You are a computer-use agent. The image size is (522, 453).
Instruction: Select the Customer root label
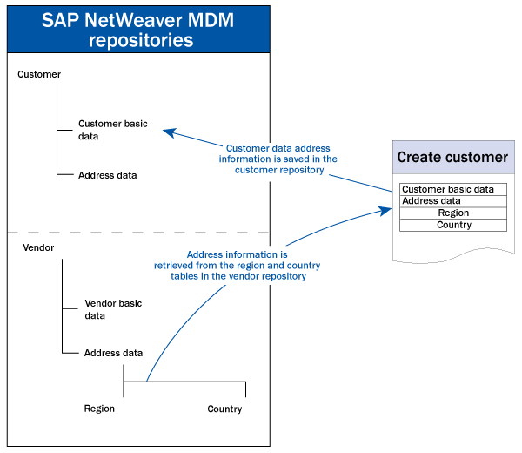[39, 75]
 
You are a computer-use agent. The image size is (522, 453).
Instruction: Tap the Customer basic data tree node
[112, 130]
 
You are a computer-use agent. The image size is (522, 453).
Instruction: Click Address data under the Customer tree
[107, 175]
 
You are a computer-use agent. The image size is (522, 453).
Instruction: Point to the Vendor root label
[37, 248]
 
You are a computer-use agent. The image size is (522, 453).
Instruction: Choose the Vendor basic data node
[113, 309]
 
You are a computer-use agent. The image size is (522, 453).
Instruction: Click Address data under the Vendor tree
[113, 353]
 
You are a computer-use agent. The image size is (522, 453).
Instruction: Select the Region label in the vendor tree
[99, 409]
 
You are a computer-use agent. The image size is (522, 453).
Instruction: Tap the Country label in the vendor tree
[224, 409]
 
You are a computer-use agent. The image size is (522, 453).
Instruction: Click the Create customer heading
[452, 158]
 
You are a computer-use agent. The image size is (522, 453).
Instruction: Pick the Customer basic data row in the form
[452, 189]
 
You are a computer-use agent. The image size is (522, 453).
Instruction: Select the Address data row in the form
[452, 201]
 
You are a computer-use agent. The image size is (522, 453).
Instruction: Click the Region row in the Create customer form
[453, 213]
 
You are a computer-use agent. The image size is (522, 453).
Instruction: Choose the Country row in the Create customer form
[453, 225]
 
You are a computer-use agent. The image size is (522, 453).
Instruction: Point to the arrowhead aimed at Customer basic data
[169, 132]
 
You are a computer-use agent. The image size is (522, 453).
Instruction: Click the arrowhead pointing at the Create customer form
[384, 210]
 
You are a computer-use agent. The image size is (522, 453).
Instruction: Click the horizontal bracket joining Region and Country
[184, 382]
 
